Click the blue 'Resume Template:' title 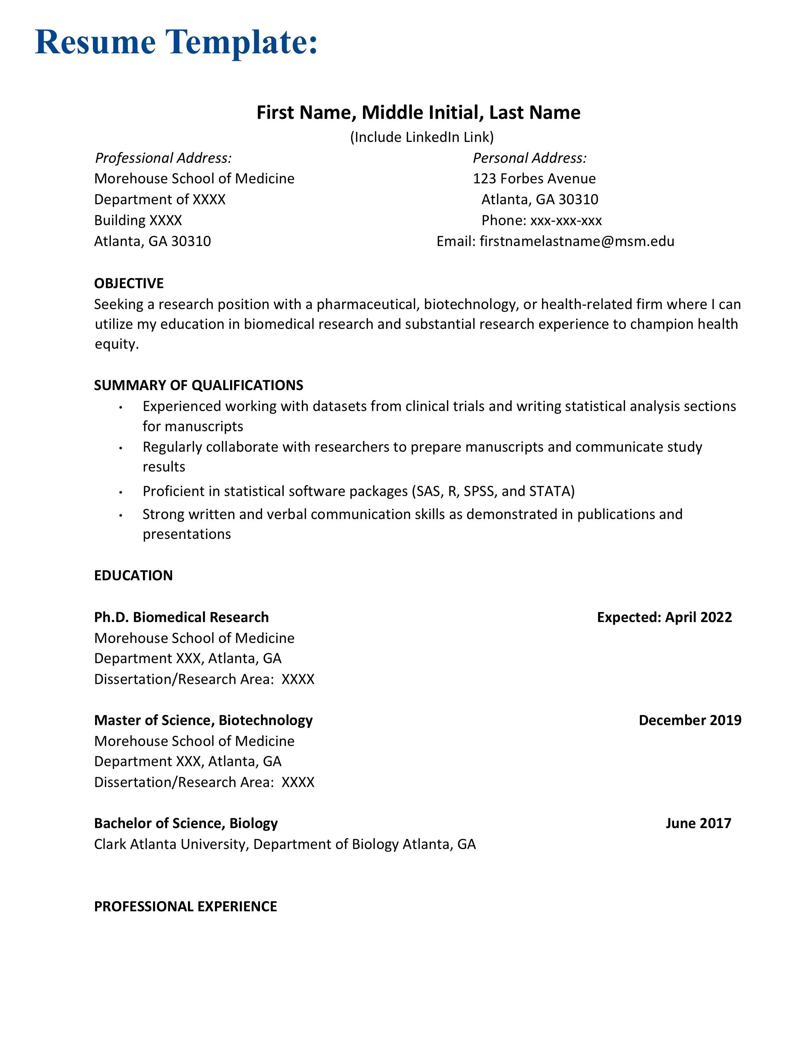click(x=176, y=42)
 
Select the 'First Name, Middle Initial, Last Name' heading click(x=418, y=112)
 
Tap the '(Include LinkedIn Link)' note click(x=422, y=138)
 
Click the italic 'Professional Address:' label click(x=163, y=158)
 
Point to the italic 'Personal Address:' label click(x=529, y=158)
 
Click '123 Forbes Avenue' click(x=534, y=179)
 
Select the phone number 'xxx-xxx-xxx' click(x=566, y=220)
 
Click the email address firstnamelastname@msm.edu click(x=577, y=241)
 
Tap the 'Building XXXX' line click(x=138, y=220)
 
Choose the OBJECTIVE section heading click(x=129, y=283)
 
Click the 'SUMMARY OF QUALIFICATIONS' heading click(x=199, y=385)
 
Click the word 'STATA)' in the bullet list click(x=552, y=491)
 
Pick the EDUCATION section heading click(x=133, y=575)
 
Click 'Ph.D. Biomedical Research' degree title click(x=181, y=617)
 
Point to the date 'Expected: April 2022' click(x=664, y=617)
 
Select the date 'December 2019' click(x=690, y=720)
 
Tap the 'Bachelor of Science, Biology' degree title click(x=186, y=823)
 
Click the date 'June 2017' click(x=699, y=823)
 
